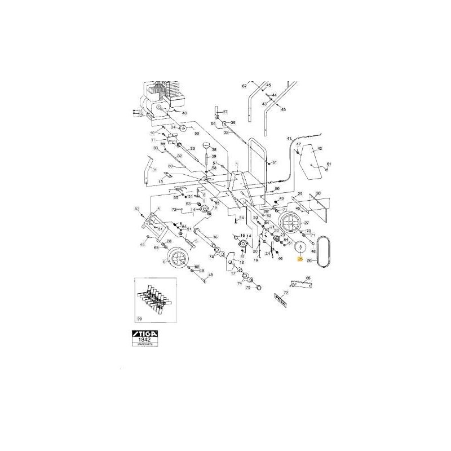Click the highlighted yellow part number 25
click(300, 259)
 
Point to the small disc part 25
click(299, 246)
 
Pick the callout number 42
click(319, 149)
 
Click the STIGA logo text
click(145, 335)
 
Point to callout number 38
click(214, 149)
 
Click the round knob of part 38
click(206, 145)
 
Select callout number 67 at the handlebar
click(245, 86)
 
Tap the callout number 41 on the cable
click(289, 139)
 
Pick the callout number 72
click(286, 293)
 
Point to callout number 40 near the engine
click(184, 113)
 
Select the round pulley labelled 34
click(183, 129)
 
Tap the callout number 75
click(247, 287)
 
